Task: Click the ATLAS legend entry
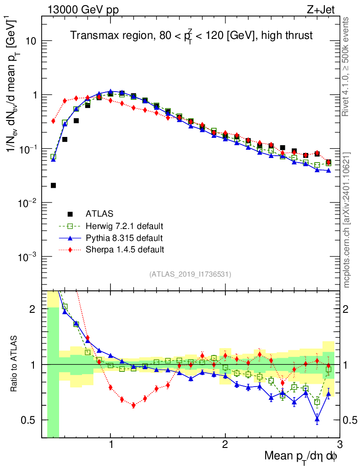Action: (x=99, y=213)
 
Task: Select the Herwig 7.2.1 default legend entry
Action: (x=125, y=226)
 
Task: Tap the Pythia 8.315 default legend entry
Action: (x=124, y=238)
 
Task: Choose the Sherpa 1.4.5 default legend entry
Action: (x=125, y=250)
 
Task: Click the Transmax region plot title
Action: (x=191, y=36)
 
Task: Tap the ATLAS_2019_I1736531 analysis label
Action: (x=190, y=274)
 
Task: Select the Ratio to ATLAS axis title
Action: (x=14, y=365)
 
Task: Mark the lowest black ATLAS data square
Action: (x=53, y=185)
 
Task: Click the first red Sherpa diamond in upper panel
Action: (x=53, y=121)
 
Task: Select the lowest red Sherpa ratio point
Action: (x=133, y=405)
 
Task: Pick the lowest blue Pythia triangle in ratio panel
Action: (x=317, y=419)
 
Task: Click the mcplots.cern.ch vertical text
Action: (x=347, y=220)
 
